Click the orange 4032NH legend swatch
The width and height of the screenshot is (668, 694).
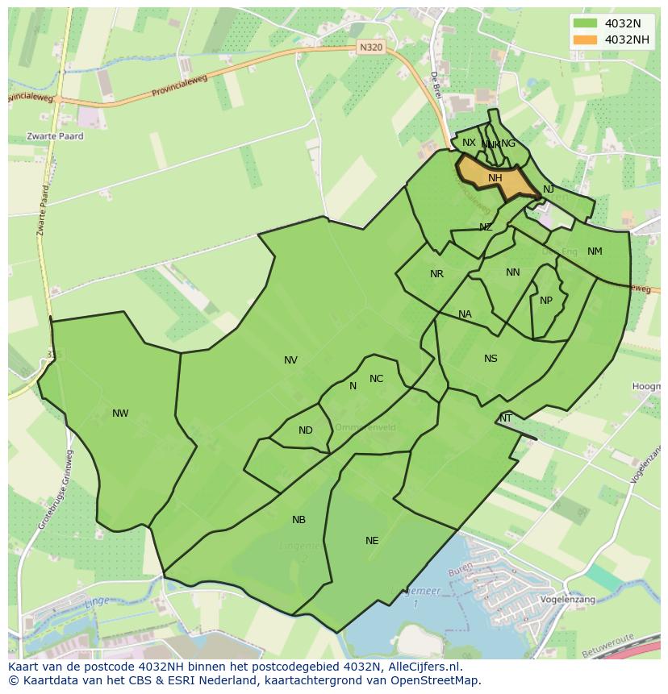pyautogui.click(x=585, y=39)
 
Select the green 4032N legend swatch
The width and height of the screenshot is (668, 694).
pyautogui.click(x=585, y=23)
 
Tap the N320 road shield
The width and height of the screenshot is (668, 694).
pyautogui.click(x=371, y=48)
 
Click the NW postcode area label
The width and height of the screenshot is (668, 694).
pyautogui.click(x=120, y=413)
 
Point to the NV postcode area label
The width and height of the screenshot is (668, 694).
pyautogui.click(x=290, y=360)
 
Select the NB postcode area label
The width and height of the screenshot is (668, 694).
pyautogui.click(x=299, y=520)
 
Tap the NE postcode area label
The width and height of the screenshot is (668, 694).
pyautogui.click(x=372, y=541)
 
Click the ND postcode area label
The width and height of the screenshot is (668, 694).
pyautogui.click(x=305, y=430)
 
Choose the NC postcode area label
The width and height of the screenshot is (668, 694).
pyautogui.click(x=376, y=379)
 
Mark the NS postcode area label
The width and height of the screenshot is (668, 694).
pyautogui.click(x=491, y=359)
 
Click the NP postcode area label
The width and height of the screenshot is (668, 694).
pyautogui.click(x=546, y=301)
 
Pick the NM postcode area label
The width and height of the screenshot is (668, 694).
pyautogui.click(x=595, y=251)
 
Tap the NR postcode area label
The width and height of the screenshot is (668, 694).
pyautogui.click(x=436, y=274)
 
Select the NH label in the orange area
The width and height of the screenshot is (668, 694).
pyautogui.click(x=495, y=178)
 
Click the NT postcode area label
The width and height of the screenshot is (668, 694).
pyautogui.click(x=506, y=418)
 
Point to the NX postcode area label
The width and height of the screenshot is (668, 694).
pyautogui.click(x=469, y=143)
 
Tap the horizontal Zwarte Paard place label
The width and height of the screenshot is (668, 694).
pyautogui.click(x=55, y=136)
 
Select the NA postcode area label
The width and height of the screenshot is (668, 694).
pyautogui.click(x=465, y=314)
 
